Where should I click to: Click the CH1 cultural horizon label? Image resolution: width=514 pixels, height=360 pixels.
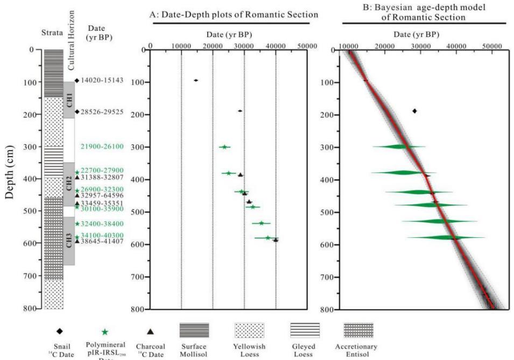coord(69,100)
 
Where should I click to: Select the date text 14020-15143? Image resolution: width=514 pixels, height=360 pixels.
coord(102,80)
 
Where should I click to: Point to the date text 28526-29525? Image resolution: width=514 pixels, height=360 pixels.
coord(102,112)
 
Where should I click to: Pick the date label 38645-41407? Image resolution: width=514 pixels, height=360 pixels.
coord(102,241)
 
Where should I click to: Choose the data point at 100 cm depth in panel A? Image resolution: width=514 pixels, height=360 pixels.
coord(196,80)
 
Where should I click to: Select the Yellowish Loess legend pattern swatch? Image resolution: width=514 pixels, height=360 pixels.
coord(249,329)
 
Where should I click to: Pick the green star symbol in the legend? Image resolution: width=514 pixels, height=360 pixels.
coord(105,330)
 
